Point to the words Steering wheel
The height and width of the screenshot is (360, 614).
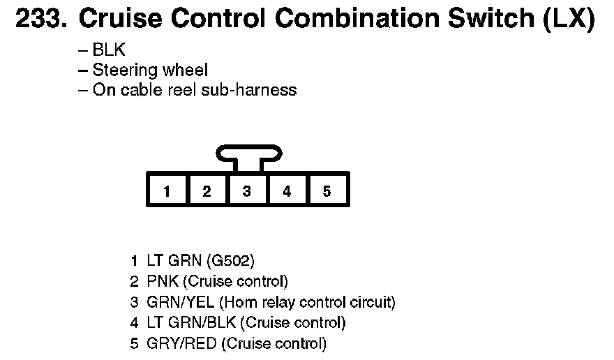point(150,70)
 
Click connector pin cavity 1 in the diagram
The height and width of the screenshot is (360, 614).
point(167,191)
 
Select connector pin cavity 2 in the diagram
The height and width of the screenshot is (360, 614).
point(207,191)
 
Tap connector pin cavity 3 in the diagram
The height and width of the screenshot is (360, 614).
point(246,191)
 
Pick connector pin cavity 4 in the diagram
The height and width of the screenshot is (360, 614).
point(287,191)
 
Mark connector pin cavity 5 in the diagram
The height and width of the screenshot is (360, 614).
point(327,191)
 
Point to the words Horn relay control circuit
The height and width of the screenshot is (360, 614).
point(308,303)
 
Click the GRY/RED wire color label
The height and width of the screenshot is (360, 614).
point(181,343)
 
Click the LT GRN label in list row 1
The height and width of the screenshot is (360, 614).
point(174,262)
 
